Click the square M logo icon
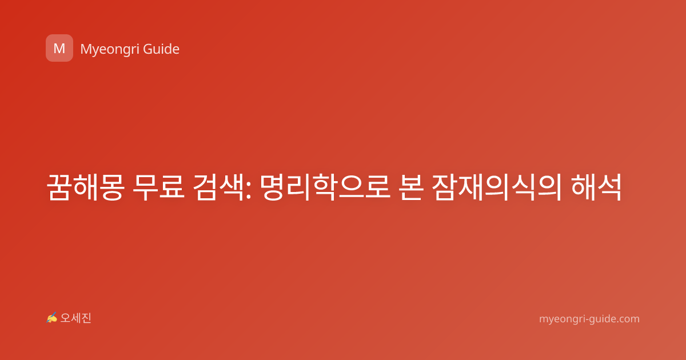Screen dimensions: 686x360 [59, 48]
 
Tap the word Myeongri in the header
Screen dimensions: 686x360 [110, 50]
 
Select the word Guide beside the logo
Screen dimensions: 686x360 [161, 49]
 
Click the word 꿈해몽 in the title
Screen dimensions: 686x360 [86, 187]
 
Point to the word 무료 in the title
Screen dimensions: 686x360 [159, 187]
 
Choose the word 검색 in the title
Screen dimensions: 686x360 [218, 187]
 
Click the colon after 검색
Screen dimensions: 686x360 [248, 191]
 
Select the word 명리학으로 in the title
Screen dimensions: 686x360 [325, 187]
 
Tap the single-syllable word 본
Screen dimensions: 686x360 [411, 187]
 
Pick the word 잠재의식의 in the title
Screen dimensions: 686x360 [497, 187]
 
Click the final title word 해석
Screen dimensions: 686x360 [596, 187]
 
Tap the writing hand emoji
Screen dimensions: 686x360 [52, 318]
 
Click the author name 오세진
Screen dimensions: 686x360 [75, 318]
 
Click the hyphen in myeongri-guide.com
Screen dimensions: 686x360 [582, 320]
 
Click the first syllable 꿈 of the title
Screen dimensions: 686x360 [59, 187]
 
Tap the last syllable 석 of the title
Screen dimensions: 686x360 [609, 187]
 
